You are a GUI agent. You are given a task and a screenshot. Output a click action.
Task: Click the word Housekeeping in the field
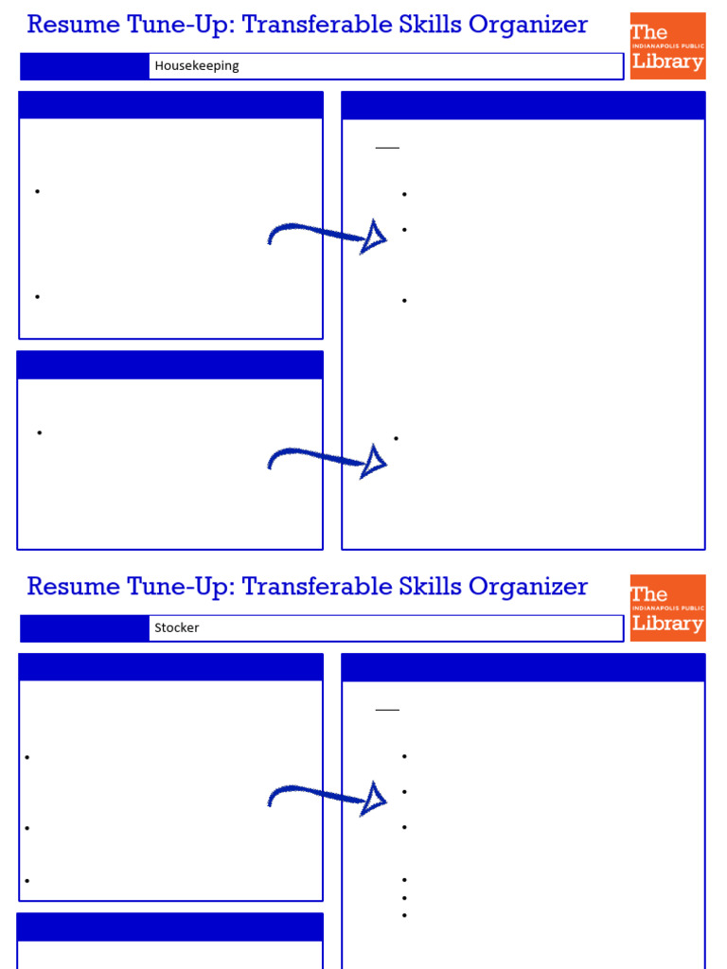pyautogui.click(x=197, y=66)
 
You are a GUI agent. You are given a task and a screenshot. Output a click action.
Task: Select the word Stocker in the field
pyautogui.click(x=177, y=628)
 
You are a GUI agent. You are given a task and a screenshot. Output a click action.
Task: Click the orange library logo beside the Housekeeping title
pyautogui.click(x=667, y=46)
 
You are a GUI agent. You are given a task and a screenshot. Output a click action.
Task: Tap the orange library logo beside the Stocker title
pyautogui.click(x=667, y=608)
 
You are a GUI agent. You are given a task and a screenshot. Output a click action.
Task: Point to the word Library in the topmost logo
pyautogui.click(x=667, y=62)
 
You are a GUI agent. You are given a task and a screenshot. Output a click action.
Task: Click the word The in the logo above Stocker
pyautogui.click(x=649, y=594)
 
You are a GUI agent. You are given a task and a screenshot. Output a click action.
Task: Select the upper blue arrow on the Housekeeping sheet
pyautogui.click(x=328, y=236)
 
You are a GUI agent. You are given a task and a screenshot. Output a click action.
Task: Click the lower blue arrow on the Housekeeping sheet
pyautogui.click(x=328, y=461)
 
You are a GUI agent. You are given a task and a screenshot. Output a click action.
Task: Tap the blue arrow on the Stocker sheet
pyautogui.click(x=328, y=798)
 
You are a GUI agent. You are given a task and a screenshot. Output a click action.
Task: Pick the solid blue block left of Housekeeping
pyautogui.click(x=84, y=66)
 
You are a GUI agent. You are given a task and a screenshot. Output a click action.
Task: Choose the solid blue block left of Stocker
pyautogui.click(x=84, y=628)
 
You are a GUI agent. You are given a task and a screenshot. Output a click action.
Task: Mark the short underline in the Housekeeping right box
pyautogui.click(x=387, y=148)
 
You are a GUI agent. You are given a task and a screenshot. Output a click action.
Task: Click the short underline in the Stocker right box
pyautogui.click(x=387, y=710)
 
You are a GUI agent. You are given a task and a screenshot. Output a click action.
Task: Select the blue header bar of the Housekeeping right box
pyautogui.click(x=523, y=105)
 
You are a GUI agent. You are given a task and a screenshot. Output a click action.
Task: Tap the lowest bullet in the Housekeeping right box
pyautogui.click(x=396, y=438)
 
